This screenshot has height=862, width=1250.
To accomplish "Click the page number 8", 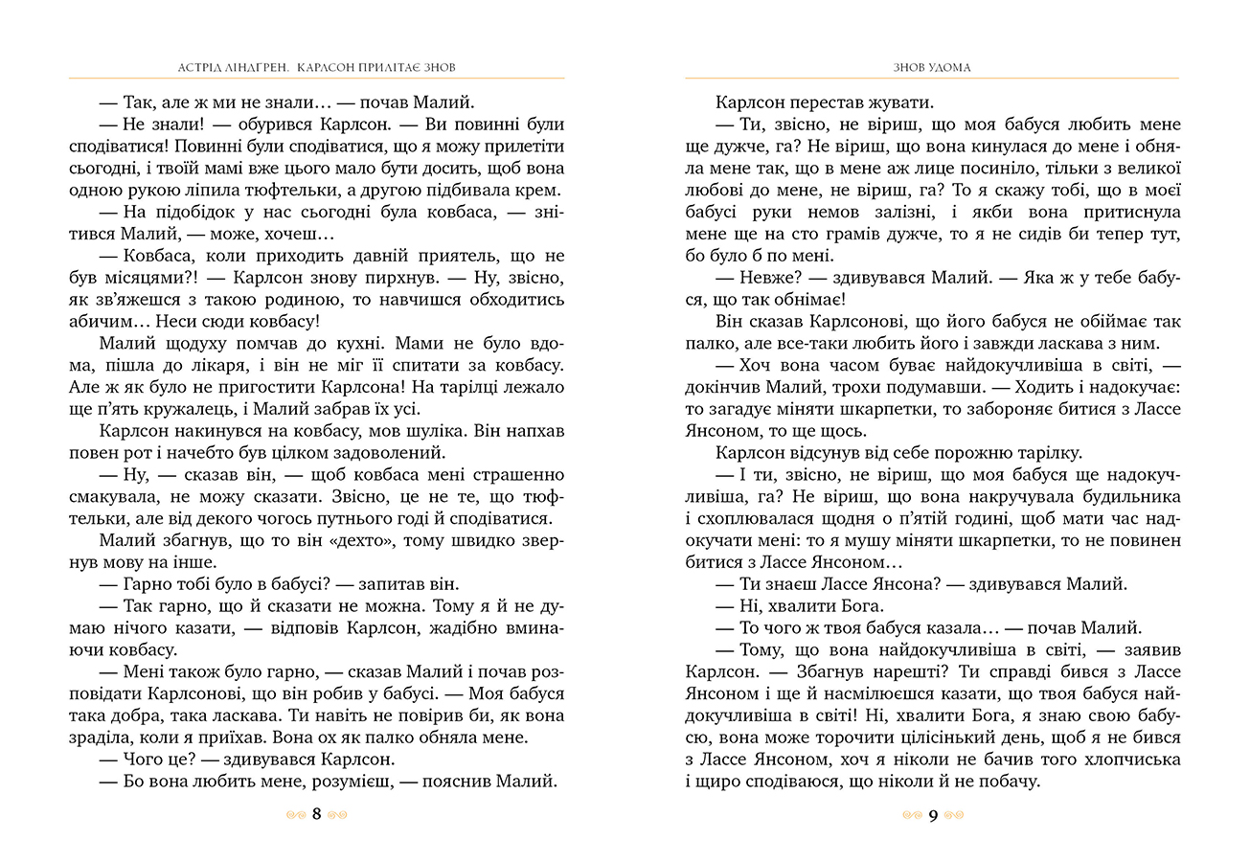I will coord(317,815).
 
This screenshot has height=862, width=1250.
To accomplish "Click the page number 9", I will coord(933,816).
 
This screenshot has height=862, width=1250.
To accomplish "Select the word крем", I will coord(542,191).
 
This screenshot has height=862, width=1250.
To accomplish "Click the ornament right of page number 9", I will coord(955,816).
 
